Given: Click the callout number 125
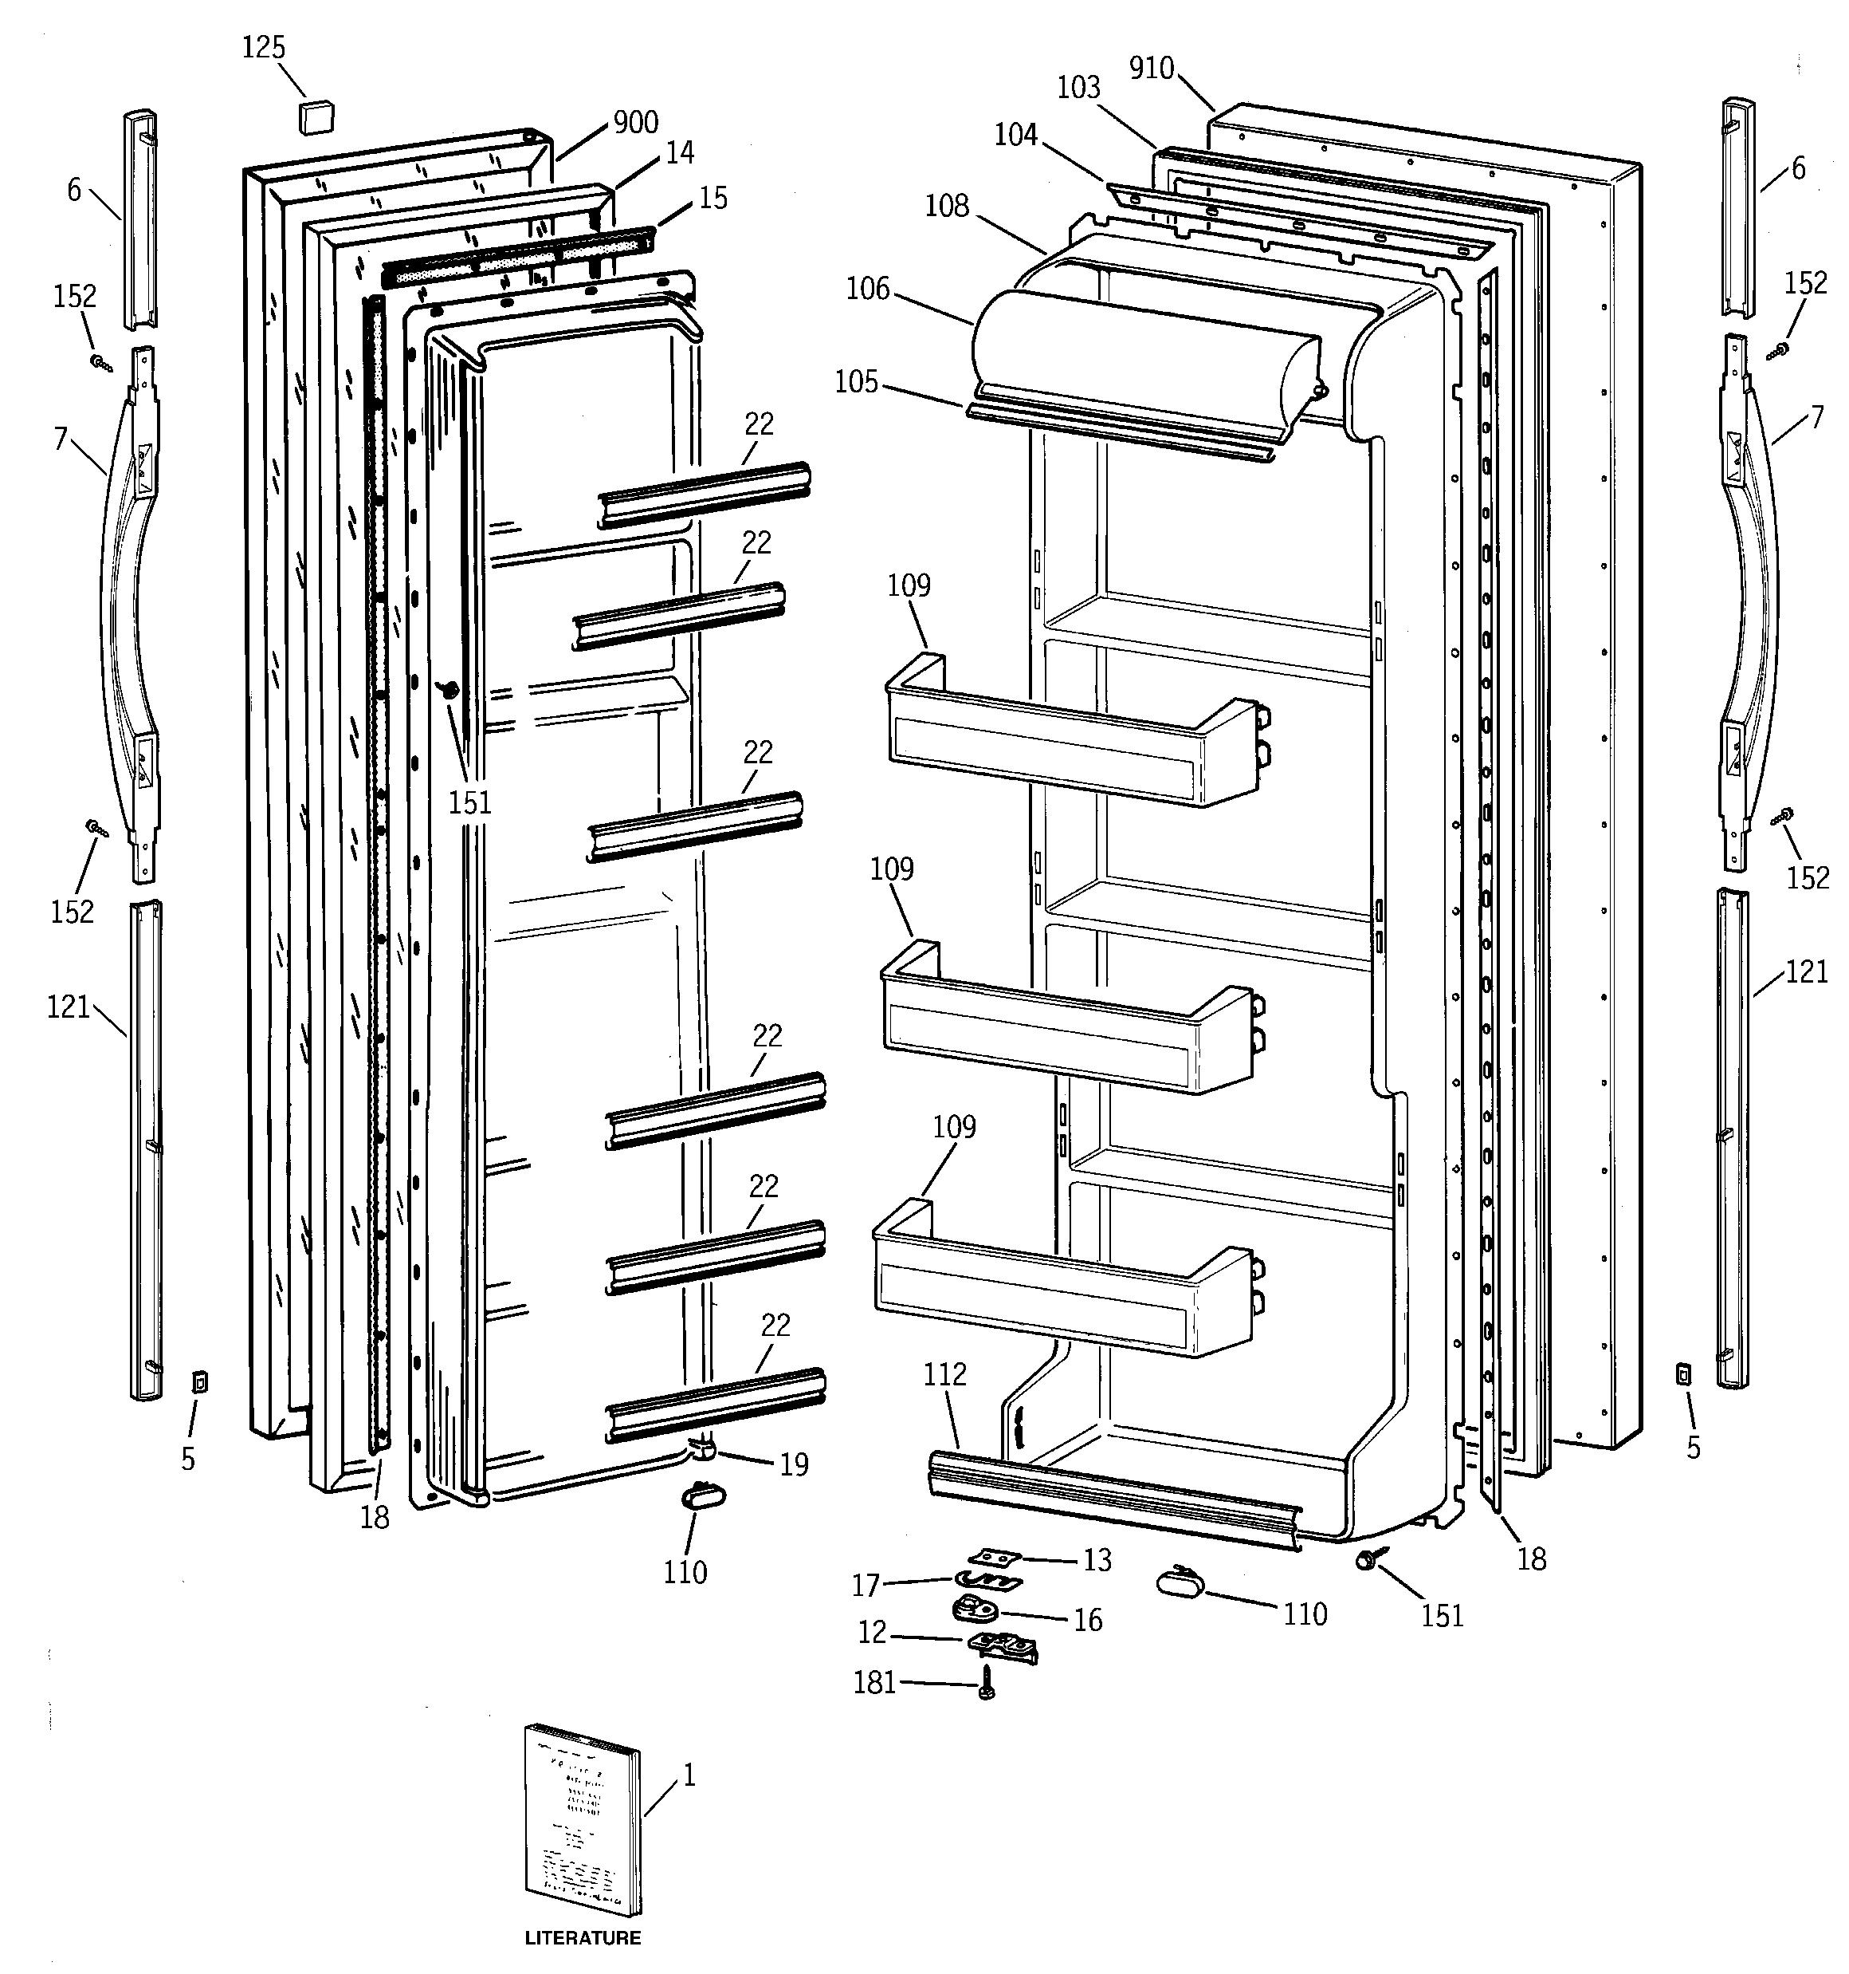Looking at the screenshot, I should pos(263,48).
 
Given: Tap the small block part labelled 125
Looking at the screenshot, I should pos(316,115).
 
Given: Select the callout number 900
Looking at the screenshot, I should pos(635,122).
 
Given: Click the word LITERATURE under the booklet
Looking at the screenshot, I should pos(583,1937).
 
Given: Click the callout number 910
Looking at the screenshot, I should pos(1152,69).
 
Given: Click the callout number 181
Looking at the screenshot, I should pos(874,1682).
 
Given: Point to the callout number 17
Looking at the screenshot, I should pos(866,1586).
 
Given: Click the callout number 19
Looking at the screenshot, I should pos(794,1464).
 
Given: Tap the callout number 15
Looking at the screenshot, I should pos(713,199).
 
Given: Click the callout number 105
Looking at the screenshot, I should pos(855,381).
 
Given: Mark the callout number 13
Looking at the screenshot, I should pos(1097,1560).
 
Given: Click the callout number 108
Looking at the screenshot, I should pos(946,206).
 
